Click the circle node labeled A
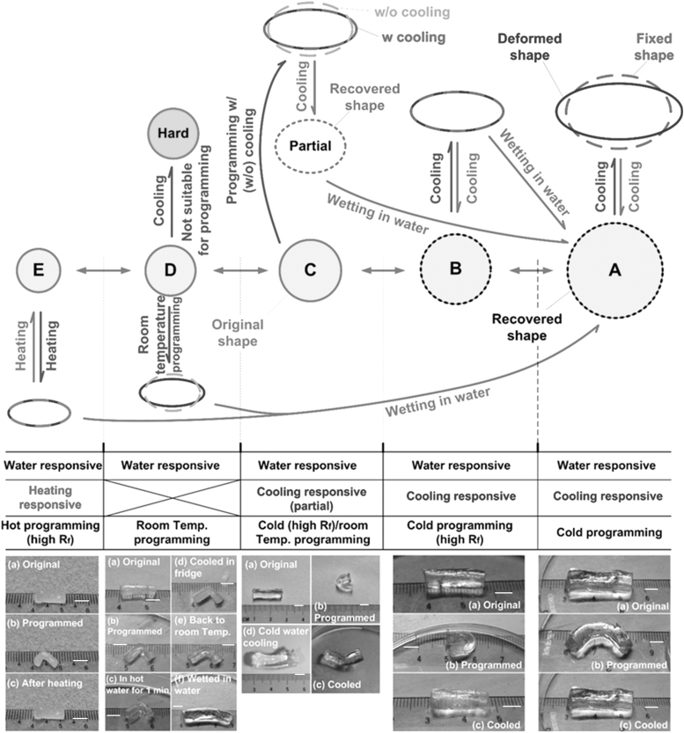coord(614,273)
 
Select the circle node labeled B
coord(455,268)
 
